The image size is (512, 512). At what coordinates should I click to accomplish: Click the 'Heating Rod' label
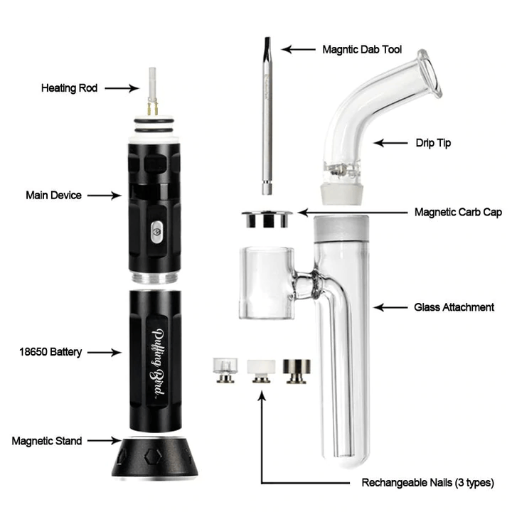click(x=69, y=88)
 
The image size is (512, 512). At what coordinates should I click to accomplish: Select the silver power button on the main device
click(x=157, y=232)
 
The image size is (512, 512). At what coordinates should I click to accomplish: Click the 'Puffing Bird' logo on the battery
click(x=158, y=363)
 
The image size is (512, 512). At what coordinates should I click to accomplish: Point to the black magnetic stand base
click(x=155, y=458)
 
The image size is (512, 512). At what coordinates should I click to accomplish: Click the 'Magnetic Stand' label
click(x=47, y=441)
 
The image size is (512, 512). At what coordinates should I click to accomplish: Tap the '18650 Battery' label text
click(x=50, y=352)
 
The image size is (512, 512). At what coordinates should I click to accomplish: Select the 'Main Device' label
click(x=53, y=196)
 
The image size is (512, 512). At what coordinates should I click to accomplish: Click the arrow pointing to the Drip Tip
click(x=390, y=143)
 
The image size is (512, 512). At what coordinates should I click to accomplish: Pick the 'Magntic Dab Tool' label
click(x=362, y=50)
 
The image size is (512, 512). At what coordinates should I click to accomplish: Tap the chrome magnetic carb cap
click(x=267, y=219)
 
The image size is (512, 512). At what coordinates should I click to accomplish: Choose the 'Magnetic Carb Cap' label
click(x=458, y=212)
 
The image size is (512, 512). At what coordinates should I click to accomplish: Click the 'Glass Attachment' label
click(x=454, y=307)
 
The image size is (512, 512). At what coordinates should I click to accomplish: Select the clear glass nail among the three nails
click(x=225, y=370)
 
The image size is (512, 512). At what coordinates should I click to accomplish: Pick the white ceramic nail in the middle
click(x=261, y=371)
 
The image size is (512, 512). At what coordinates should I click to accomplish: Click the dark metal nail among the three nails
click(x=297, y=371)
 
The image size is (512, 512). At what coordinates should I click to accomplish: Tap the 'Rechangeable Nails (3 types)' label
click(x=428, y=483)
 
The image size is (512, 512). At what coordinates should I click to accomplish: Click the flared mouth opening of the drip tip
click(x=430, y=74)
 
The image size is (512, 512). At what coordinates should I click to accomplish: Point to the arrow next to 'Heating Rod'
click(x=122, y=88)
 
